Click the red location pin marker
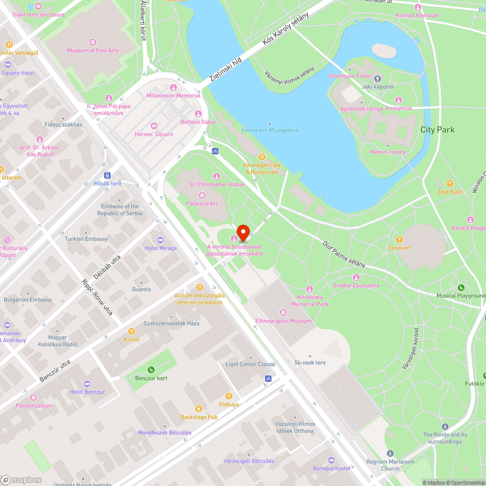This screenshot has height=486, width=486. click(x=243, y=233)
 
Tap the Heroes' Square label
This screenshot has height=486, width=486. click(x=154, y=134)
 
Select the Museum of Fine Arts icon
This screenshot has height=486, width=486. click(x=92, y=42)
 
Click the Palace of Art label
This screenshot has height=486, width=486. click(x=202, y=204)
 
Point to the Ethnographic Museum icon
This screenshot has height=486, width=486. click(x=283, y=312)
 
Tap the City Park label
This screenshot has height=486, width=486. click(x=437, y=130)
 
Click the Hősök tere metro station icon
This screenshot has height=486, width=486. click(x=107, y=175)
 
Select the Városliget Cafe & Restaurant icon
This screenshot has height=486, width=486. click(x=262, y=156)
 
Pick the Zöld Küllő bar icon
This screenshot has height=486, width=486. click(x=450, y=184)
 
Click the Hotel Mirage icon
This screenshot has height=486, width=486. click(x=160, y=240)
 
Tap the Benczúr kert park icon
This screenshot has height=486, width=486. click(x=151, y=369)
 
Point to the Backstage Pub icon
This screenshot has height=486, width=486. click(x=198, y=409)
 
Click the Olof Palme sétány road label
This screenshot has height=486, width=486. click(x=344, y=254)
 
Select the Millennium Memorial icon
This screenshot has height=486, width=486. click(x=174, y=87)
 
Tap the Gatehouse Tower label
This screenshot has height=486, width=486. click(x=349, y=76)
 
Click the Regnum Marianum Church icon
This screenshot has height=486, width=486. click(x=390, y=453)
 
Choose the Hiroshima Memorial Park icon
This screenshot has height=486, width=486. click(x=310, y=289)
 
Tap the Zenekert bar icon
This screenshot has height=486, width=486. click(x=399, y=239)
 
